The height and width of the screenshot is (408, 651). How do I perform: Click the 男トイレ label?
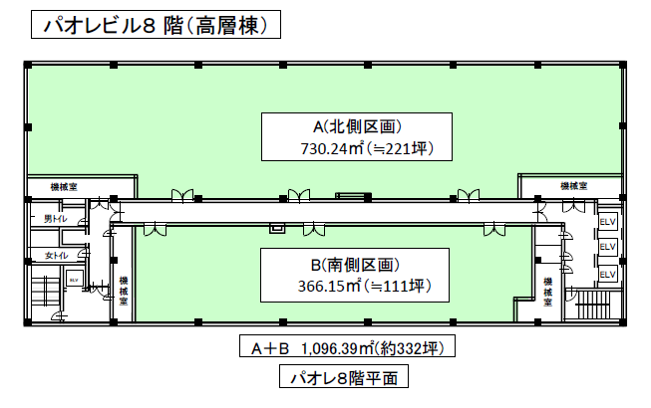coord(56,218)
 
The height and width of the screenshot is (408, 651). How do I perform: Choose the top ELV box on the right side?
coord(608,221)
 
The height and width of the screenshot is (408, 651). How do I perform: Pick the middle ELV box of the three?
coord(608,247)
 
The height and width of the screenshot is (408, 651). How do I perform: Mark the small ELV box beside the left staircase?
coord(73,280)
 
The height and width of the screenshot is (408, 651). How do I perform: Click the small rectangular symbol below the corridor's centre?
coord(277,228)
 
